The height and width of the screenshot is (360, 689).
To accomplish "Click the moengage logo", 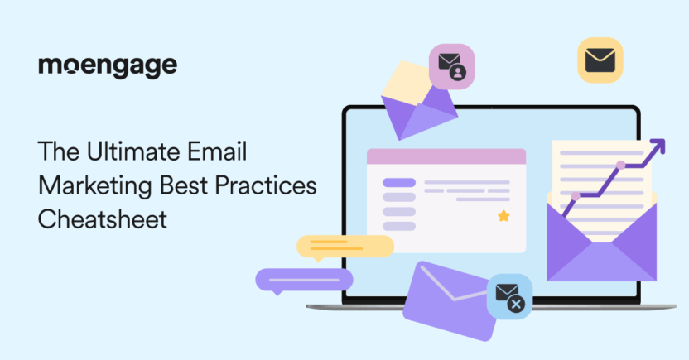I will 108,66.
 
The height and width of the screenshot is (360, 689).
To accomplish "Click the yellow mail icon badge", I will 600,60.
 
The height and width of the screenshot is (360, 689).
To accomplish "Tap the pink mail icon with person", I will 451,65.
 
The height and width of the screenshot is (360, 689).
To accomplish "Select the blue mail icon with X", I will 508,295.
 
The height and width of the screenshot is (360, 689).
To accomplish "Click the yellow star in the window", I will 503,216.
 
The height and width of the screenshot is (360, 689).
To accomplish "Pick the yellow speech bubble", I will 344,246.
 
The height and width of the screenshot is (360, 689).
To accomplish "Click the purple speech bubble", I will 304,280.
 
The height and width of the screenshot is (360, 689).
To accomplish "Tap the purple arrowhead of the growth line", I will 658,147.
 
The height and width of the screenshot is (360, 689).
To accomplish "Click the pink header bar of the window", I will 446,156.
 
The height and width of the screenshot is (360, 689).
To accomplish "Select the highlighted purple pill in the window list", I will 399,182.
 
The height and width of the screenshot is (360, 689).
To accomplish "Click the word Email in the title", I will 219,153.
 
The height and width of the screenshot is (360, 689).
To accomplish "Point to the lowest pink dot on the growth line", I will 575,196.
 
